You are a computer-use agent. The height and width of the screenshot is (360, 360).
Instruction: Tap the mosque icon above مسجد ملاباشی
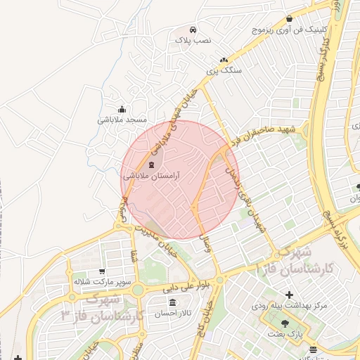tap(123, 109)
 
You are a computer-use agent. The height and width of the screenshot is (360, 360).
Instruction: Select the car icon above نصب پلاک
tap(193, 30)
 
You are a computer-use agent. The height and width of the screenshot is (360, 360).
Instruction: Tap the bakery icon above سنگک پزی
tap(224, 60)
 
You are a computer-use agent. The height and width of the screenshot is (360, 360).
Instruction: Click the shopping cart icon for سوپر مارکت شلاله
tap(103, 271)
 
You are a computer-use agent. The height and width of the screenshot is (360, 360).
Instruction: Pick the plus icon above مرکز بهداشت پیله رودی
tap(289, 293)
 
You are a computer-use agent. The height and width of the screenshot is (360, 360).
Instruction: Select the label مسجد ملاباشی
tap(123, 120)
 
